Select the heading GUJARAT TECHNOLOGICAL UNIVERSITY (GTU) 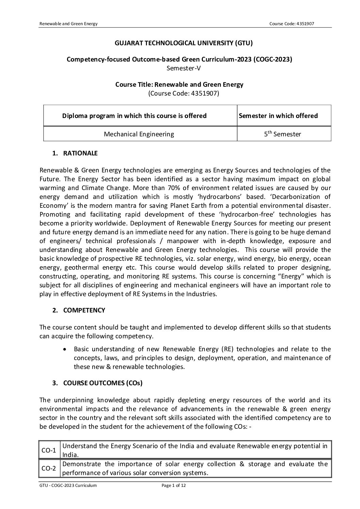184,43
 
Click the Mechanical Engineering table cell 139,134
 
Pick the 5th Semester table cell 282,134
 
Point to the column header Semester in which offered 278,116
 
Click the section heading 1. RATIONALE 75,153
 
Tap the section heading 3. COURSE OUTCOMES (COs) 97,383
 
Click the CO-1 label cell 49,451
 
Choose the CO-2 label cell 49,469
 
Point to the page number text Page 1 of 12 174,486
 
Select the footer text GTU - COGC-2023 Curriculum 68,486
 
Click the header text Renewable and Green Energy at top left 69,23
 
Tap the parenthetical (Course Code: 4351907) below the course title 184,93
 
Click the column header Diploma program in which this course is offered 134,116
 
